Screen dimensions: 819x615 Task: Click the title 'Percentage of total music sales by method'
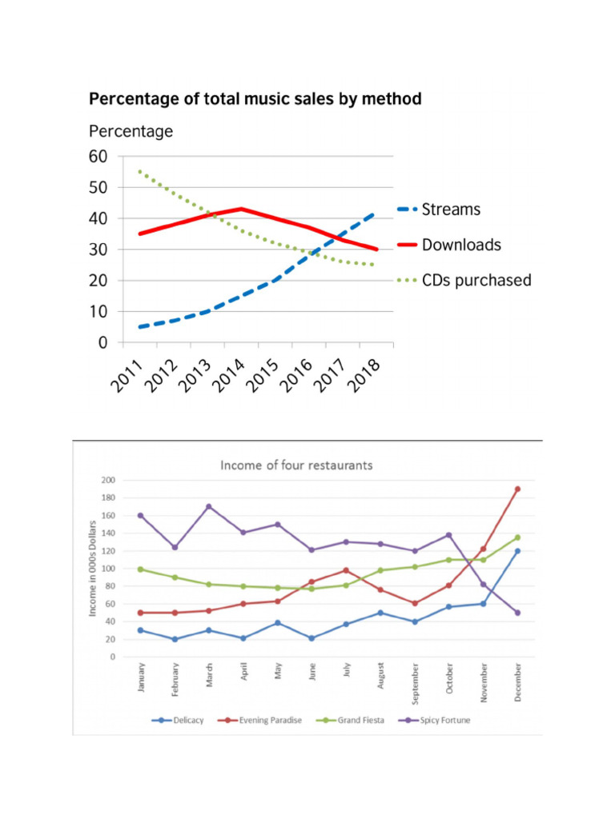pos(255,99)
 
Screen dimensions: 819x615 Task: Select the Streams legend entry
pos(451,210)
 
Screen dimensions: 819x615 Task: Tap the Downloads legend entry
pos(461,245)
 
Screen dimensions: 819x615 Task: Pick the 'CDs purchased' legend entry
pos(476,280)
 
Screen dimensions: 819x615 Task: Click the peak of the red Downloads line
pos(241,209)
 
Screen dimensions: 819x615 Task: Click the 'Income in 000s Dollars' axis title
pos(93,567)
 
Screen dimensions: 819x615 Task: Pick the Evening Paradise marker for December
pos(518,489)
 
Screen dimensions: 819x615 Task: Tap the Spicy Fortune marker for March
pos(208,506)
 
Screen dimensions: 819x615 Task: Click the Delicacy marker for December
pos(518,551)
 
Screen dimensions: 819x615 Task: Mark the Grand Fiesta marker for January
pos(140,569)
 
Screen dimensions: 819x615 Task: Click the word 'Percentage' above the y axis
pos(131,131)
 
